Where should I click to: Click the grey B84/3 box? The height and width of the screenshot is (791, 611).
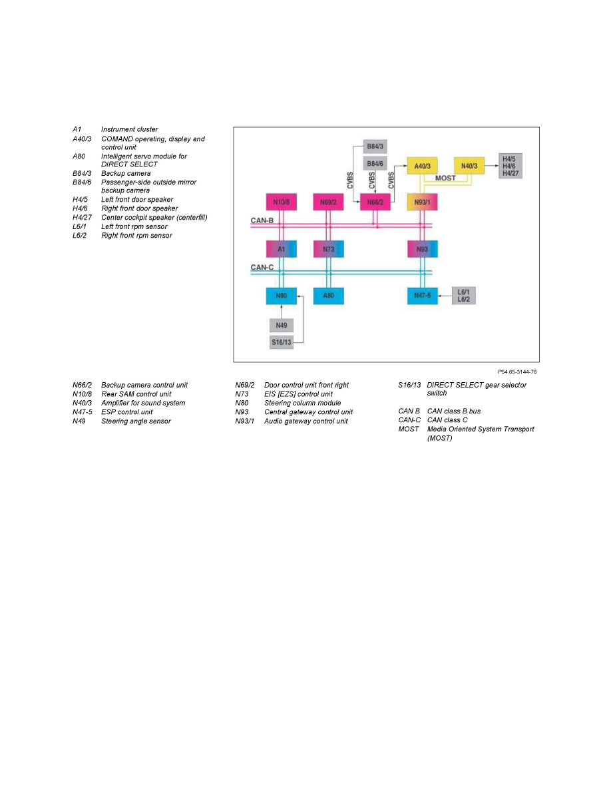pyautogui.click(x=375, y=146)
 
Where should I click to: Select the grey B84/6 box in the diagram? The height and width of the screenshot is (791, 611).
pyautogui.click(x=375, y=163)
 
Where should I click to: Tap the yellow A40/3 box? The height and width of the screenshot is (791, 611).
pyautogui.click(x=423, y=166)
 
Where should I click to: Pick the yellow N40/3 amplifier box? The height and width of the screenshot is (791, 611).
pyautogui.click(x=469, y=166)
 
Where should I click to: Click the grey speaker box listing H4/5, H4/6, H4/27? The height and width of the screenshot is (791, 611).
pyautogui.click(x=510, y=166)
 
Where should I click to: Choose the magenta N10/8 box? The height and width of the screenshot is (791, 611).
pyautogui.click(x=282, y=202)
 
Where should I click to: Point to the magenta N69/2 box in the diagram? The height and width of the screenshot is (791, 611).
pyautogui.click(x=328, y=202)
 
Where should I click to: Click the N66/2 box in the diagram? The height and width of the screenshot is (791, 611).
pyautogui.click(x=375, y=202)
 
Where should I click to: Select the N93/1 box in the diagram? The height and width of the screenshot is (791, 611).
pyautogui.click(x=423, y=202)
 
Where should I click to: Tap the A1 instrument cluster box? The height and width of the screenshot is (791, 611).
pyautogui.click(x=282, y=249)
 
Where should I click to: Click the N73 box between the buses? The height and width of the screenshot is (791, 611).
pyautogui.click(x=328, y=249)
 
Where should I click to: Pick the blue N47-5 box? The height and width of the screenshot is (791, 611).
pyautogui.click(x=423, y=296)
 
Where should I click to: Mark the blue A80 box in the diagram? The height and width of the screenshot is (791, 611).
pyautogui.click(x=328, y=296)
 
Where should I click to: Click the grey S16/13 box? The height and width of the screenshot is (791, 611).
pyautogui.click(x=282, y=342)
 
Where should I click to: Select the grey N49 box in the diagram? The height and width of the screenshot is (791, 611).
pyautogui.click(x=282, y=326)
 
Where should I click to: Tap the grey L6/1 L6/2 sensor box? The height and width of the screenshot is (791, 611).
pyautogui.click(x=463, y=296)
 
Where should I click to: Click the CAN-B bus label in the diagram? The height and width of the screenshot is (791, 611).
pyautogui.click(x=262, y=220)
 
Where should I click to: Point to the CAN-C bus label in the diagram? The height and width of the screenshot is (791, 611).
pyautogui.click(x=262, y=268)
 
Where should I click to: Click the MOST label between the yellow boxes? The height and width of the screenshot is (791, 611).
pyautogui.click(x=445, y=178)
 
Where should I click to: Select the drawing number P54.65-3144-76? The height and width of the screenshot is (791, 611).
pyautogui.click(x=517, y=372)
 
